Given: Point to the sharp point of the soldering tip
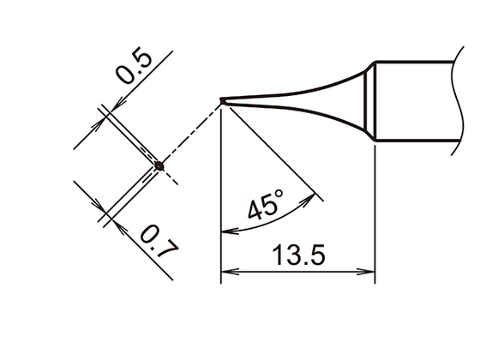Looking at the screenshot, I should (222, 101).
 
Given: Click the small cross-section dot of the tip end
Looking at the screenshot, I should (159, 165).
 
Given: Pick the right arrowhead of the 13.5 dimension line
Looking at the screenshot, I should (370, 274).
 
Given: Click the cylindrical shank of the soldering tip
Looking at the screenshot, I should (416, 101).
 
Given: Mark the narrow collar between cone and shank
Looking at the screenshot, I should (371, 101).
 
